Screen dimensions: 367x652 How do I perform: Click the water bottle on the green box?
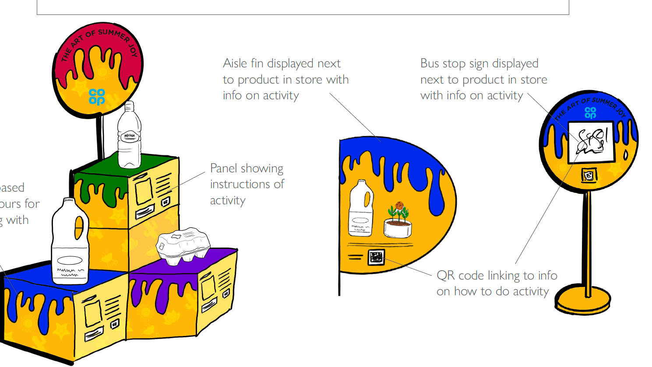pos(129,138)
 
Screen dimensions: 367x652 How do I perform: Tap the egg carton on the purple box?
pos(183,245)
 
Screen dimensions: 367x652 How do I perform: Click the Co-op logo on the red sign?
pos(97,97)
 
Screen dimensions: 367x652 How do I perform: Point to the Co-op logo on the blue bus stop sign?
pos(590,113)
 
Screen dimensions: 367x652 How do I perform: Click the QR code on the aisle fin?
pos(376,257)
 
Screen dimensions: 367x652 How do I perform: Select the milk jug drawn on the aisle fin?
pos(361,209)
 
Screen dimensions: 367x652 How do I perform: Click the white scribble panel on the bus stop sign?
pos(591,142)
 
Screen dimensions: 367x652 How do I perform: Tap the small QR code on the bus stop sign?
pos(589,175)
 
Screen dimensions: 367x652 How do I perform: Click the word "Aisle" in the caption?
pos(235,63)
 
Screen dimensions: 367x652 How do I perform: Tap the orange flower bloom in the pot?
pos(398,206)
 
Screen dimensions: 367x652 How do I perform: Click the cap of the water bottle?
pos(129,105)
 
